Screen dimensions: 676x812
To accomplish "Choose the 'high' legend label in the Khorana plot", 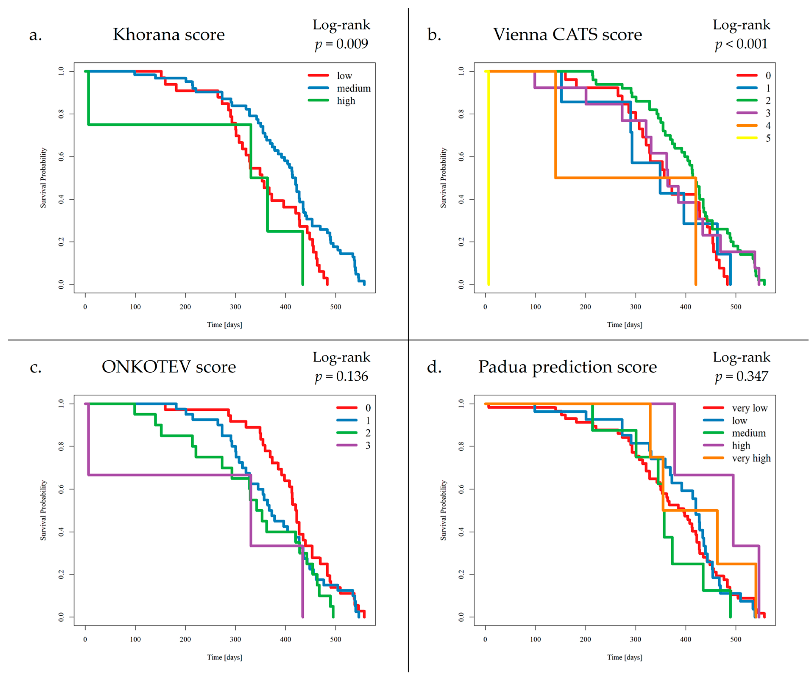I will tap(346, 101).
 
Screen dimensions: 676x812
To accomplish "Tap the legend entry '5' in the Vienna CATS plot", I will tap(768, 138).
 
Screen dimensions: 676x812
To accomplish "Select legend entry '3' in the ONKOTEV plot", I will tap(368, 445).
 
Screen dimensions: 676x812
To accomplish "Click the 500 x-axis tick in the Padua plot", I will tap(736, 639).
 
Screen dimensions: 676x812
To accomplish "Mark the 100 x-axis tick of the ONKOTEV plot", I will tap(135, 639).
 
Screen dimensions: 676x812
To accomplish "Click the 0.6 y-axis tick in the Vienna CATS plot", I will tap(461, 157).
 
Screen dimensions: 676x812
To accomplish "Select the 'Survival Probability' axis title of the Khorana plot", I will tap(43, 178).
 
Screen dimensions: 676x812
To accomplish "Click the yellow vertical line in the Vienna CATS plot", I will tap(488, 178).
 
